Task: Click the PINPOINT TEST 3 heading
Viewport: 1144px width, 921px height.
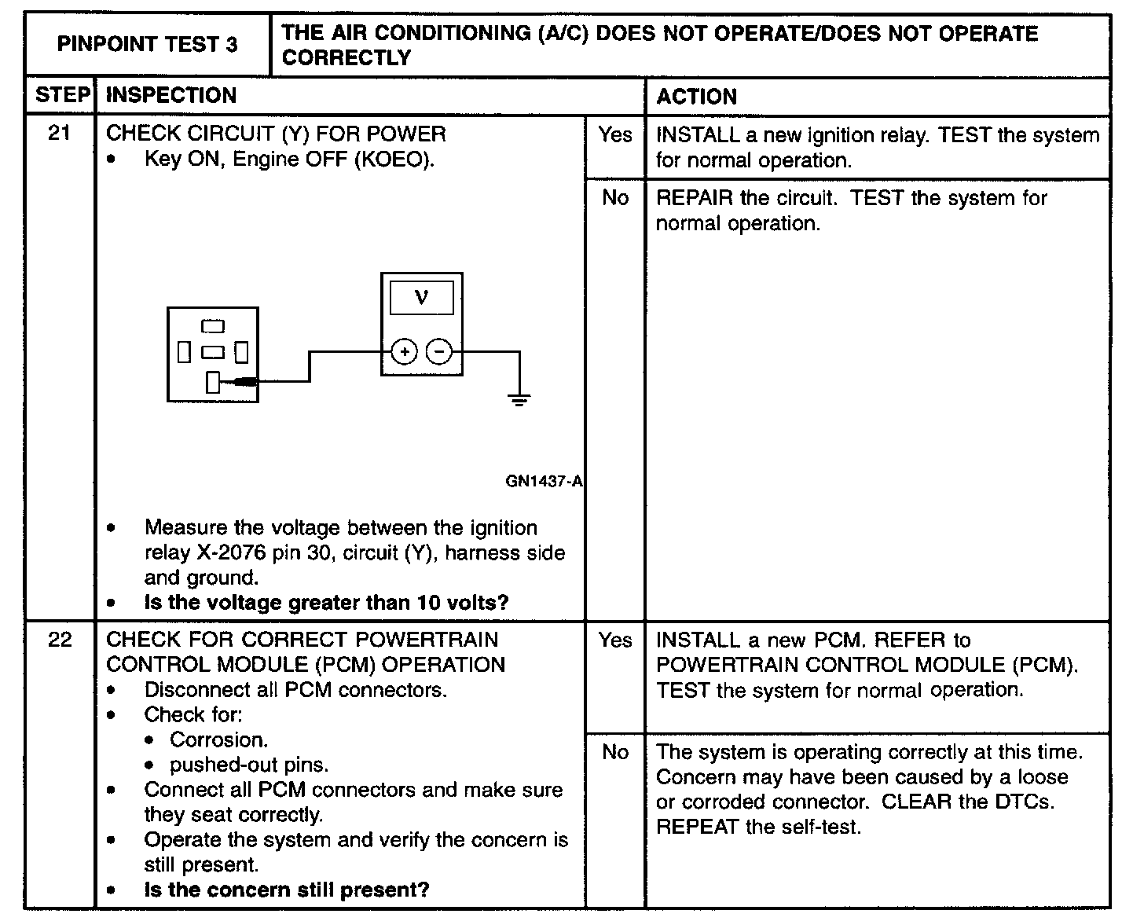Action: pyautogui.click(x=147, y=44)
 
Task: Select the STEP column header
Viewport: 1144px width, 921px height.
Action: pyautogui.click(x=61, y=96)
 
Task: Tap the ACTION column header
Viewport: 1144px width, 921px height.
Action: pyautogui.click(x=696, y=97)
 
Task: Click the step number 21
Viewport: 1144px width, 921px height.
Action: pyautogui.click(x=60, y=133)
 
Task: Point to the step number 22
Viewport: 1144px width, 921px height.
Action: pyautogui.click(x=60, y=640)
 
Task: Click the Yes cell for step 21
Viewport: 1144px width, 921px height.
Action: pyautogui.click(x=614, y=135)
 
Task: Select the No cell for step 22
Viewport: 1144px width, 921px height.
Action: pyautogui.click(x=614, y=752)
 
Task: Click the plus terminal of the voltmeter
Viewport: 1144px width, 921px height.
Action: pyautogui.click(x=404, y=351)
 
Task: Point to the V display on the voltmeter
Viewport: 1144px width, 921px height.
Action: pyautogui.click(x=422, y=299)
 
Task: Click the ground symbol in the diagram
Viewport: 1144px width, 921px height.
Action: pyautogui.click(x=519, y=400)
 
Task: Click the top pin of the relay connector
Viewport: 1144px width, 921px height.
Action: pyautogui.click(x=213, y=326)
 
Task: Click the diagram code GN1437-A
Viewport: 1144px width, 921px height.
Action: pyautogui.click(x=544, y=481)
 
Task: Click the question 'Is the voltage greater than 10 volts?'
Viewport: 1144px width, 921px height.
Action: pyautogui.click(x=326, y=603)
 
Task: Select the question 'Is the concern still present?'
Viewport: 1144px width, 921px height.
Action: pyautogui.click(x=287, y=890)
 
